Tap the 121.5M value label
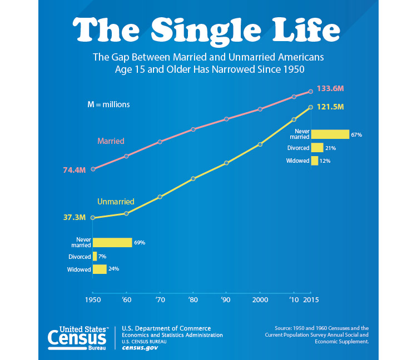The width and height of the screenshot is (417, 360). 330,107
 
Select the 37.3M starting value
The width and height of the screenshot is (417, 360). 75,218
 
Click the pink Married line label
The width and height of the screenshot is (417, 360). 111,141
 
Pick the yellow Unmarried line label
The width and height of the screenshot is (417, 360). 116,202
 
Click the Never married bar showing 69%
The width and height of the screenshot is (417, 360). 112,242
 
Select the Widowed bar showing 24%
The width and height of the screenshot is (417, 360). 100,269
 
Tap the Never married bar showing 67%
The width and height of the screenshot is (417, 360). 330,134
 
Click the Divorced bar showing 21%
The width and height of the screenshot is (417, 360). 317,148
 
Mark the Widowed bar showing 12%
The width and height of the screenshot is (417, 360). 315,161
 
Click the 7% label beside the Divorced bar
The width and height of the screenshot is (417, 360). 102,257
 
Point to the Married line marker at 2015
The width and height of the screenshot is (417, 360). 310,92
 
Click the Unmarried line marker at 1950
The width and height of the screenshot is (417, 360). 93,218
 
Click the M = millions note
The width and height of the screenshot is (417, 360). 108,104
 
